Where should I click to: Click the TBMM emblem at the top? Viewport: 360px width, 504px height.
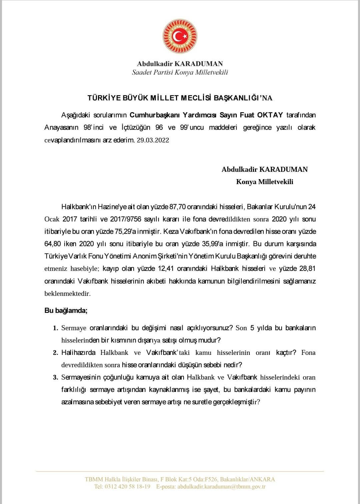point(180,36)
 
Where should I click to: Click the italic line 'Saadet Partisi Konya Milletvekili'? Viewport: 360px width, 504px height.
point(180,72)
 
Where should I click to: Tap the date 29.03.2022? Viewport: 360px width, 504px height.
point(153,140)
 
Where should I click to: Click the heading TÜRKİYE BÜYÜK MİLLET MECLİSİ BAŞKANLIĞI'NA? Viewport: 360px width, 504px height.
point(180,98)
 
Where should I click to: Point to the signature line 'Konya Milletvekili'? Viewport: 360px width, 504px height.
point(265,182)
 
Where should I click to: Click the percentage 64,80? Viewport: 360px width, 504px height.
point(54,244)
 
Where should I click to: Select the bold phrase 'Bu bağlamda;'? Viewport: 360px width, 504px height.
point(66,311)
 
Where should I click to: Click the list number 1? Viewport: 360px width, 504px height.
point(55,328)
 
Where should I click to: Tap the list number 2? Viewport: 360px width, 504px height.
point(55,353)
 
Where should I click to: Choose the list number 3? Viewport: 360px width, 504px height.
point(55,378)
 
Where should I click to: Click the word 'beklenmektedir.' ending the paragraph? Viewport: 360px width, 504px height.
point(67,294)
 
